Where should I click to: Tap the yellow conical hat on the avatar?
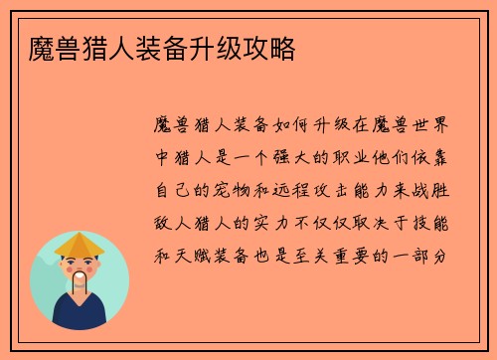(x=80, y=244)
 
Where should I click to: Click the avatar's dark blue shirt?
(x=80, y=316)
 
